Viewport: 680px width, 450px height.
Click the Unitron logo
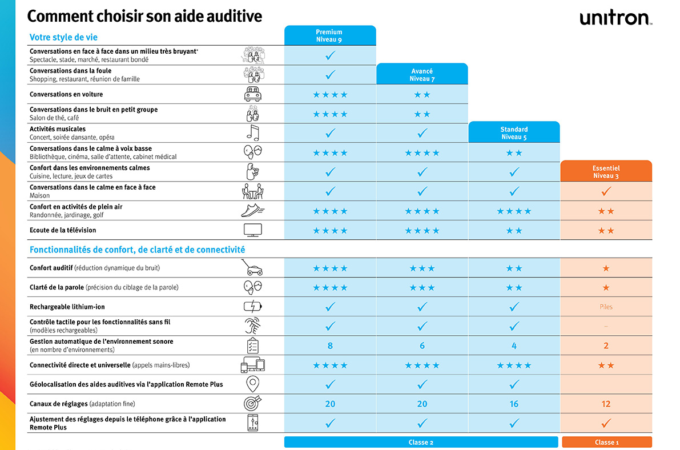coord(615,18)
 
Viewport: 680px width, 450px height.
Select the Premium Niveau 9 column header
coord(329,35)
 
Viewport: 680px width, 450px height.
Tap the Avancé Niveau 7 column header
coord(422,75)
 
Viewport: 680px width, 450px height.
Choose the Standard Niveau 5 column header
coord(514,132)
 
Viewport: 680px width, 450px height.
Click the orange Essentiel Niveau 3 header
coord(606,172)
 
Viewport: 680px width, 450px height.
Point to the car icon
coord(252,94)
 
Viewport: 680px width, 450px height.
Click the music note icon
coord(252,133)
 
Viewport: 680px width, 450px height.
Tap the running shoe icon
coord(252,211)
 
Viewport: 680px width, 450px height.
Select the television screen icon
coord(252,230)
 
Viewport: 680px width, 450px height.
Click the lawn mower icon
coord(252,268)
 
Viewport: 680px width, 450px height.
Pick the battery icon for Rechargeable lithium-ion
coord(252,307)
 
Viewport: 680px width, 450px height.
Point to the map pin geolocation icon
coord(252,384)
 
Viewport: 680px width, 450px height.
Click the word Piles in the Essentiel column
coord(606,307)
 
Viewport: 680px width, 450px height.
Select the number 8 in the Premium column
coord(330,345)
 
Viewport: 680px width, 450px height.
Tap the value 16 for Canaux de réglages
coord(514,404)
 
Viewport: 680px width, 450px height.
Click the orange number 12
coord(606,404)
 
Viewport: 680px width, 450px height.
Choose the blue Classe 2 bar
coord(421,442)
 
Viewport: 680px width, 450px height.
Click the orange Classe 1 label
coord(606,442)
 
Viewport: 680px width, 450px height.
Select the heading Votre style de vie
coord(63,38)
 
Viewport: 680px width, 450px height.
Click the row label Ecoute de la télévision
coord(63,230)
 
